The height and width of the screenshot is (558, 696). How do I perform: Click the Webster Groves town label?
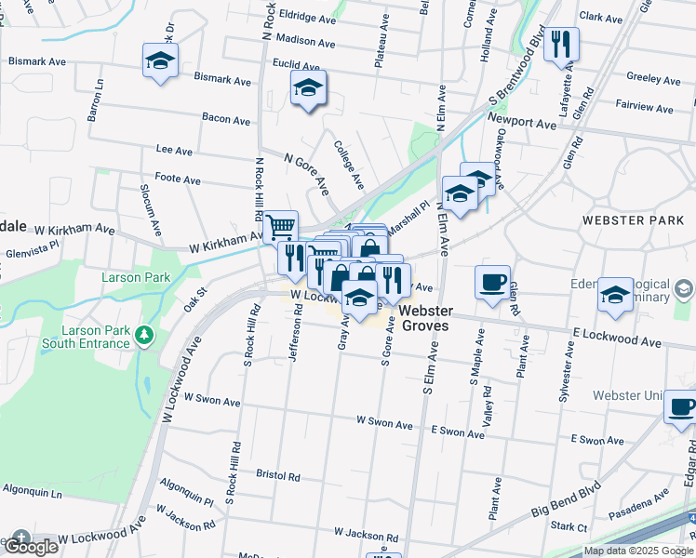pos(425,318)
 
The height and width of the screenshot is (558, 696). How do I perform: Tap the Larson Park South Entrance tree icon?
pos(143,333)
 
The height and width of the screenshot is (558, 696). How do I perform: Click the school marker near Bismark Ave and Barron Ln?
pos(160,61)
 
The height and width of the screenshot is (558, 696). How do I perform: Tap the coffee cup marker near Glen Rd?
pos(492,281)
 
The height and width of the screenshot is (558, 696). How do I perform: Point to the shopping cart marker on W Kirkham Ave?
pos(280,227)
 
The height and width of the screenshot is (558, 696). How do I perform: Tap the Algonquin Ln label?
pos(31,489)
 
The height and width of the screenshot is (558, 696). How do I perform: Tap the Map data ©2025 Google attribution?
pos(638,551)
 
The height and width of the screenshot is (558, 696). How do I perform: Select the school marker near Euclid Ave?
pos(307,90)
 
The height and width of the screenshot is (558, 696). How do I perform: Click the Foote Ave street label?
pos(178,179)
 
